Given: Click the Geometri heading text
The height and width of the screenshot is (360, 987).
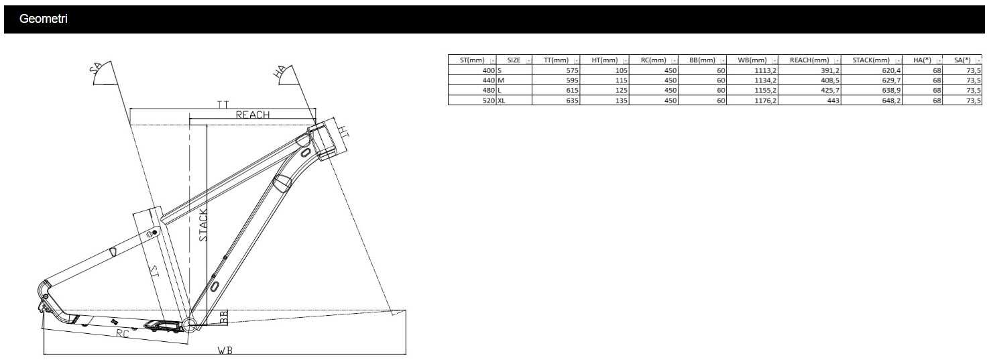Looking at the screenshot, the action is click(x=43, y=19).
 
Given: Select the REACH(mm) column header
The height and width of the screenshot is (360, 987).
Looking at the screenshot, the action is click(x=809, y=60).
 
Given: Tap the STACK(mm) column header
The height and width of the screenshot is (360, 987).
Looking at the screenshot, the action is click(x=871, y=60).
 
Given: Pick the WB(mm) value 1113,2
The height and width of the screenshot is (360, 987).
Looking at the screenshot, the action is click(x=766, y=70).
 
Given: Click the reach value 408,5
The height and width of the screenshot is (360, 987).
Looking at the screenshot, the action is click(x=830, y=80).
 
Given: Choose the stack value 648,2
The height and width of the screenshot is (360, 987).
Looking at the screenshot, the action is click(x=891, y=101).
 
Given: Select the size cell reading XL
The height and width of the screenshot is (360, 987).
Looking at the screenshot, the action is click(x=502, y=101).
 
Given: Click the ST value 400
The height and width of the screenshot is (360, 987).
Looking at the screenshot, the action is click(x=489, y=70).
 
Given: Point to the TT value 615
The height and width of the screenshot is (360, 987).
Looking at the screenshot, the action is click(x=572, y=91).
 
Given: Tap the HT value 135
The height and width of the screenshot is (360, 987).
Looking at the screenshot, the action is click(x=622, y=101).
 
